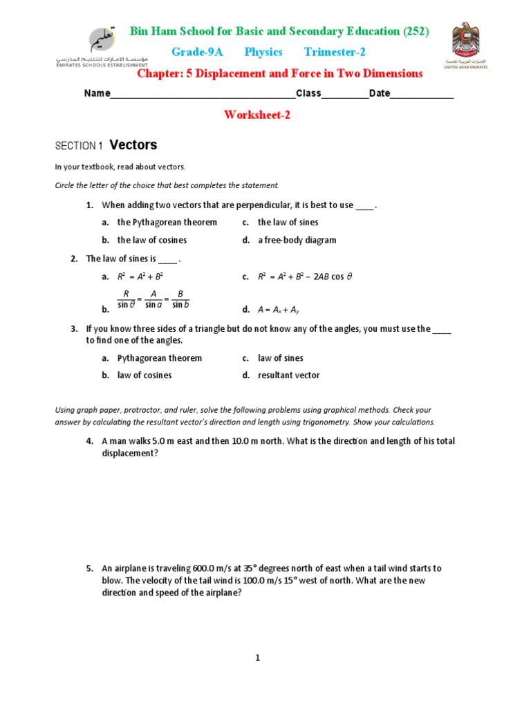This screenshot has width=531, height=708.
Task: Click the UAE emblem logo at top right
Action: pos(469,47)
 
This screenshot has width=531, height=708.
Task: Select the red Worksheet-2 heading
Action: pos(257,115)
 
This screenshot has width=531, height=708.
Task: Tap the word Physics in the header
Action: pos(263,53)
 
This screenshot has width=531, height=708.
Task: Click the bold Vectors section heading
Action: pos(133,145)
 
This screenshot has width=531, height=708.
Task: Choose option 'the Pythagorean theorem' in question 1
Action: pos(167,223)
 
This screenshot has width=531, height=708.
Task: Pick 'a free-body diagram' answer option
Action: pos(297,241)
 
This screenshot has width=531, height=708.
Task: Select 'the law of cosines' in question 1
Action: pos(152,241)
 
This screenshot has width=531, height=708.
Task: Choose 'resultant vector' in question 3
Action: pos(288,375)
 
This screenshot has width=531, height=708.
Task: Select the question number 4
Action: pos(89,441)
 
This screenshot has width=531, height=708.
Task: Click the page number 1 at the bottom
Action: pos(257,658)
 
